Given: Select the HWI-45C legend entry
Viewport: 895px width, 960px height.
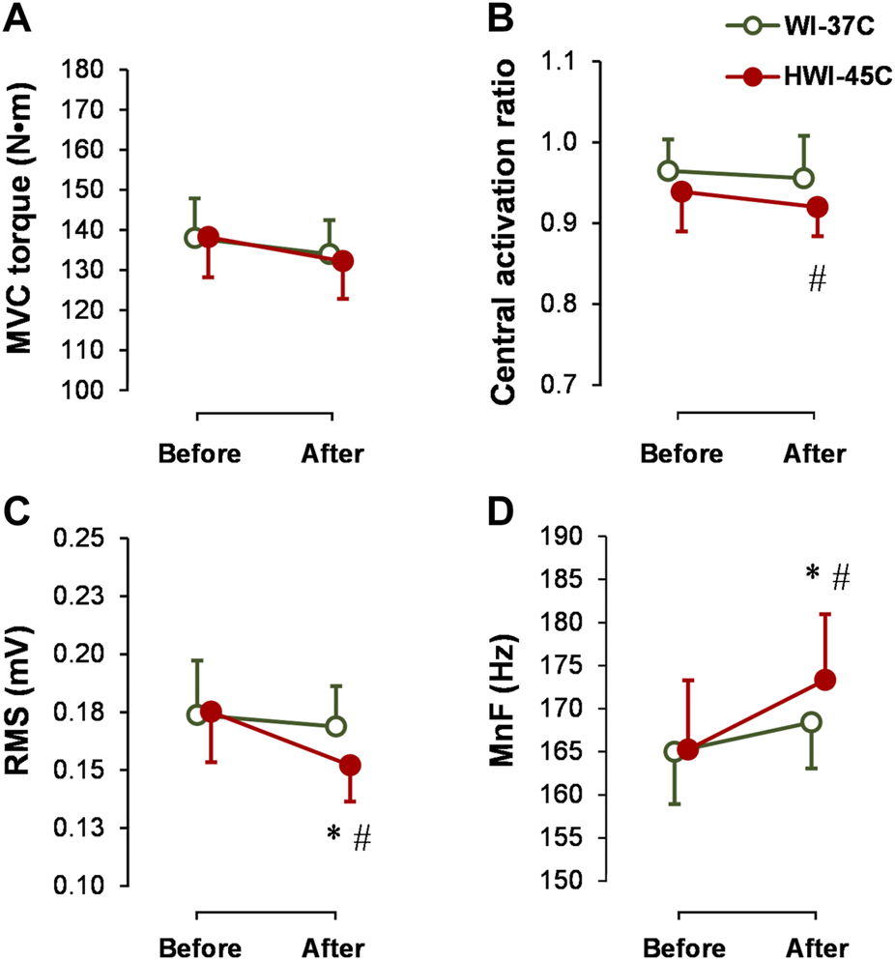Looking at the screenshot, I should click(810, 74).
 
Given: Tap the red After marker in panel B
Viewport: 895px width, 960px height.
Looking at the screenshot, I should click(817, 207).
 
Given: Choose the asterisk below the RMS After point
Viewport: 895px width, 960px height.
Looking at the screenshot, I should click(333, 830).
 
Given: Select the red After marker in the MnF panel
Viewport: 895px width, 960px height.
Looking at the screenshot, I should click(824, 680).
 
